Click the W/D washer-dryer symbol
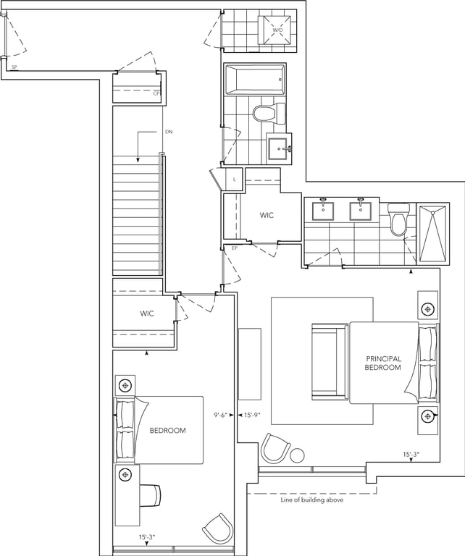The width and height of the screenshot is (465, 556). pyautogui.click(x=277, y=30)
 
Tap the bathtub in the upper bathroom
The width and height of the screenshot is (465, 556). pyautogui.click(x=254, y=80)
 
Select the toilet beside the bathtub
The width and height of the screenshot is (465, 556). pyautogui.click(x=269, y=114)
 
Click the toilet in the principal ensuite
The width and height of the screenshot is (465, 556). pyautogui.click(x=398, y=219)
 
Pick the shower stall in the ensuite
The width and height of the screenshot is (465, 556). pyautogui.click(x=432, y=233)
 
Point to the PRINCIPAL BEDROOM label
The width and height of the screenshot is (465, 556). pyautogui.click(x=383, y=363)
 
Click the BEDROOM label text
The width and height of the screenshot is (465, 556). pyautogui.click(x=168, y=431)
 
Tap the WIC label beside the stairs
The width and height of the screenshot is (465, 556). pyautogui.click(x=147, y=313)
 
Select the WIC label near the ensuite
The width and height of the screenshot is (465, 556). pyautogui.click(x=267, y=215)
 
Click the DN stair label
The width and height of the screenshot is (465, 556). pyautogui.click(x=169, y=132)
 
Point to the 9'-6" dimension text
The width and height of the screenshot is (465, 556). pyautogui.click(x=220, y=415)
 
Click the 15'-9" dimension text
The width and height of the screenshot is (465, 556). pyautogui.click(x=252, y=415)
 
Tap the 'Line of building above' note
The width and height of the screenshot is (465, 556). pyautogui.click(x=311, y=500)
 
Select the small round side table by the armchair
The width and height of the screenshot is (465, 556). pyautogui.click(x=297, y=455)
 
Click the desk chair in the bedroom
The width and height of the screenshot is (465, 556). pyautogui.click(x=151, y=495)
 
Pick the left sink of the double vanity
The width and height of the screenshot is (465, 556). pyautogui.click(x=323, y=211)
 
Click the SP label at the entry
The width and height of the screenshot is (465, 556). pyautogui.click(x=14, y=67)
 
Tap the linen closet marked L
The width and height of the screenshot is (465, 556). pyautogui.click(x=234, y=180)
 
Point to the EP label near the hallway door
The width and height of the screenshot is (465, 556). pyautogui.click(x=234, y=248)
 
